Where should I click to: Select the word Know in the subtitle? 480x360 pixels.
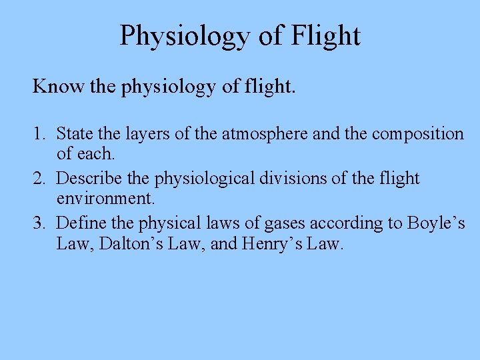[55, 86]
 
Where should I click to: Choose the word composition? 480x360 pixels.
[417, 134]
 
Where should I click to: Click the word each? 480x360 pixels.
[96, 154]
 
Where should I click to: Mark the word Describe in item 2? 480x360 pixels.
[89, 179]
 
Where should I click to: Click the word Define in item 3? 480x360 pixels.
[80, 223]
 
